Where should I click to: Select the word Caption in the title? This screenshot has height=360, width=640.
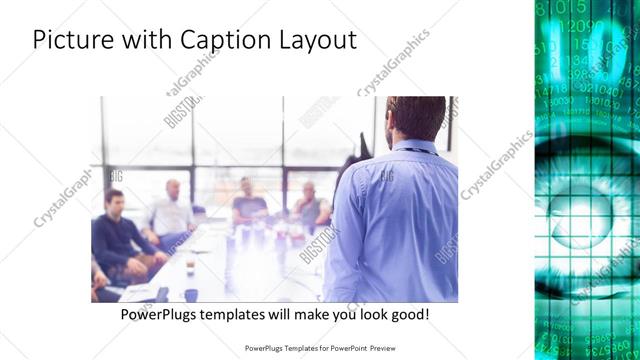(x=223, y=41)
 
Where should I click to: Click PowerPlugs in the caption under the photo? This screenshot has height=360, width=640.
(x=157, y=314)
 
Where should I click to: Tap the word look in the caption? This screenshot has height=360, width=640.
(x=365, y=314)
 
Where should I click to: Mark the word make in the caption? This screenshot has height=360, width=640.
(x=301, y=314)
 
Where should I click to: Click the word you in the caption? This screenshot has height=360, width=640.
(x=335, y=314)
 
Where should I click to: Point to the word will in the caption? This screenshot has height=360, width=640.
(x=275, y=314)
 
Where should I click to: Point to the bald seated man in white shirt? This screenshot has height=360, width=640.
(x=173, y=210)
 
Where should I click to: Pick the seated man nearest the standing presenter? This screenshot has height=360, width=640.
(x=310, y=205)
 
